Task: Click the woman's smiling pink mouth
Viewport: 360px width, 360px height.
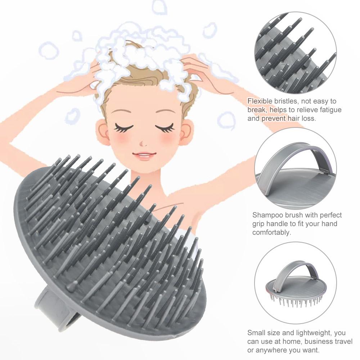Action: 144,156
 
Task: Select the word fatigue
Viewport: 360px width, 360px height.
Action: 329,110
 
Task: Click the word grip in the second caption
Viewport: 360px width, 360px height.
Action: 260,224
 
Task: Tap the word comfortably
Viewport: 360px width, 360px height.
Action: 271,233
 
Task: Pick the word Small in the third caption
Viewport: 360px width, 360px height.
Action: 256,333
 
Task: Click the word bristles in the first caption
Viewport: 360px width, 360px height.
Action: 285,102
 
